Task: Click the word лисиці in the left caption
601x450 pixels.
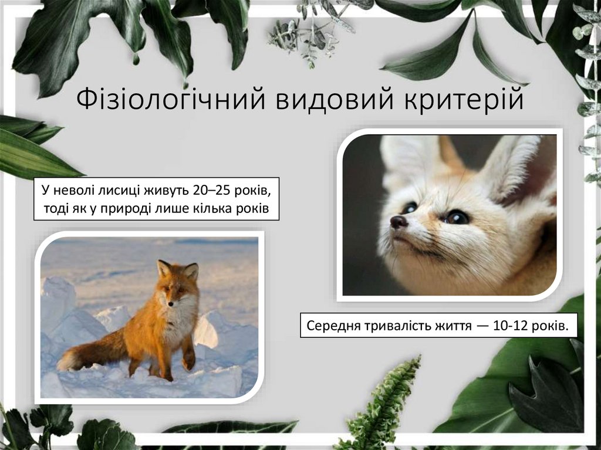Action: (x=116, y=191)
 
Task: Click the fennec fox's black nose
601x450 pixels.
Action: (x=399, y=221)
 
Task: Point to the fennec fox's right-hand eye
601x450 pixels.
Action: (x=457, y=217)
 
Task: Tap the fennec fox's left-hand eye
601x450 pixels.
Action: (x=410, y=208)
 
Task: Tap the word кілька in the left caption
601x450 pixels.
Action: (x=221, y=209)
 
